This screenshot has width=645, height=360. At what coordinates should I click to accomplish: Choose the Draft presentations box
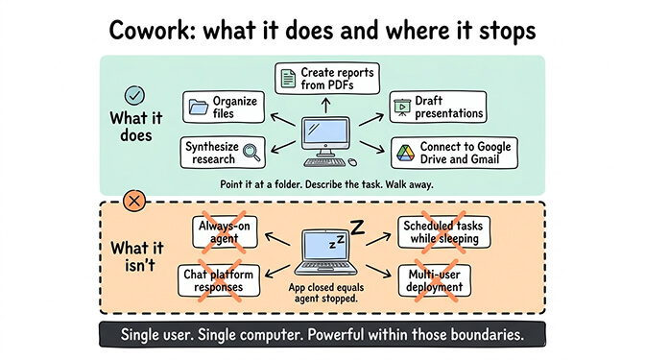coord(437,107)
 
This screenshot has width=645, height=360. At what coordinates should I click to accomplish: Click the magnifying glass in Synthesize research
coord(251,152)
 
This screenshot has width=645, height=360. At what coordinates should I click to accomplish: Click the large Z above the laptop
coord(356,228)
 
